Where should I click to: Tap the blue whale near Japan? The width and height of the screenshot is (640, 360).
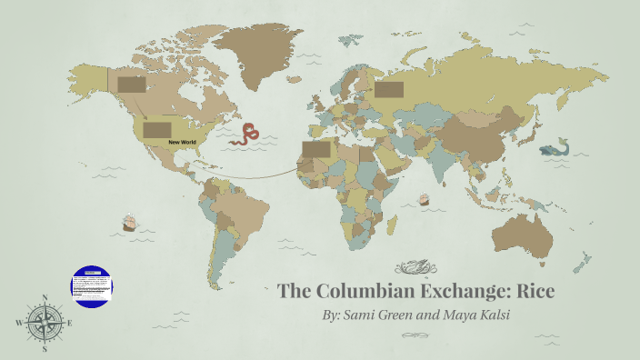pyautogui.click(x=551, y=150)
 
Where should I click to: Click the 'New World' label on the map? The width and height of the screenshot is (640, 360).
pyautogui.click(x=182, y=143)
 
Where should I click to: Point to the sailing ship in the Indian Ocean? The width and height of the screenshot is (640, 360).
pyautogui.click(x=423, y=199)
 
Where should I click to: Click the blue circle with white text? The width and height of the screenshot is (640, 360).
pyautogui.click(x=91, y=285)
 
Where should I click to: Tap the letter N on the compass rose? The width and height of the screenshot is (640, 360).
pyautogui.click(x=45, y=297)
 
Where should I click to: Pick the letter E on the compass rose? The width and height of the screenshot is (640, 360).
pyautogui.click(x=69, y=322)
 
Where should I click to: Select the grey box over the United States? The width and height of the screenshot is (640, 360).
pyautogui.click(x=156, y=130)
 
